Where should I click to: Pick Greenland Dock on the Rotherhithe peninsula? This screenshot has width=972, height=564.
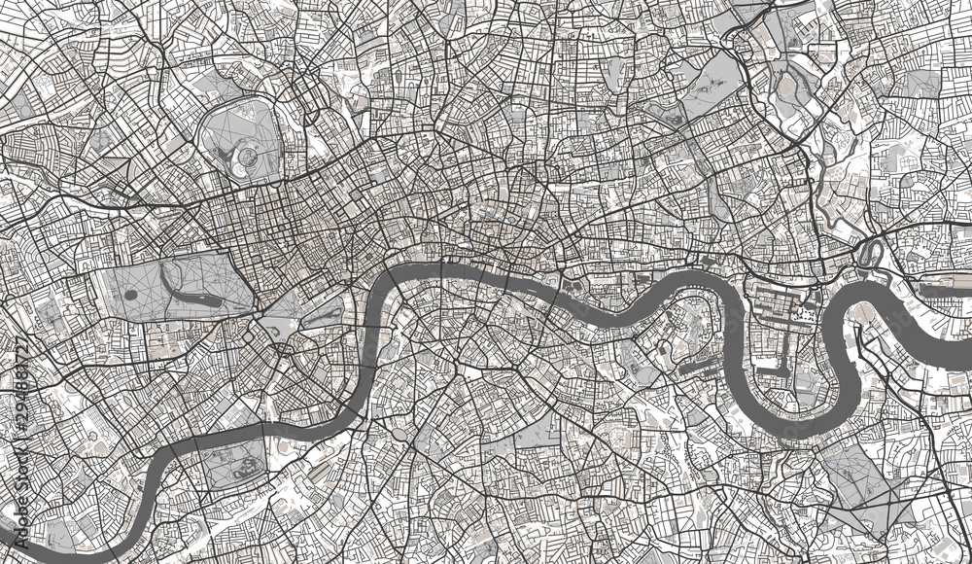click(696, 370)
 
